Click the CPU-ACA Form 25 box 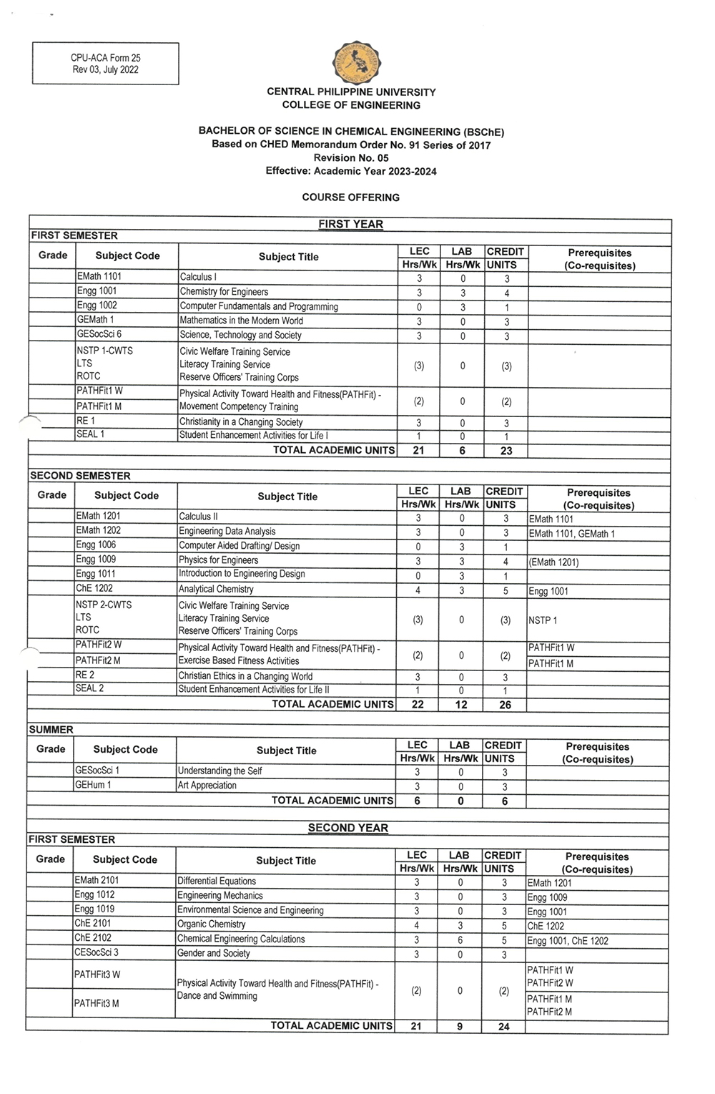click(x=105, y=64)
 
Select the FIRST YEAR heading click(x=350, y=224)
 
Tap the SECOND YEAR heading click(x=347, y=828)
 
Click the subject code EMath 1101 click(x=99, y=276)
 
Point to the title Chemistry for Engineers click(x=224, y=292)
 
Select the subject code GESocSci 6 click(x=99, y=334)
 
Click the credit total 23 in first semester click(x=506, y=451)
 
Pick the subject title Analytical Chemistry click(x=216, y=589)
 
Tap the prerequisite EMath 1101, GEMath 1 click(x=571, y=534)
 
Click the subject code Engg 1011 click(x=96, y=574)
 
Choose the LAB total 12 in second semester click(x=461, y=705)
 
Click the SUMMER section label click(x=51, y=730)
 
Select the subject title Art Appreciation click(x=207, y=785)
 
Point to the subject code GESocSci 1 click(x=97, y=771)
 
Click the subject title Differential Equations click(x=216, y=881)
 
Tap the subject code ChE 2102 click(x=93, y=937)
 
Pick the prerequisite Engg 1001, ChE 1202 click(x=568, y=941)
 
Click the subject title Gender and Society click(x=213, y=953)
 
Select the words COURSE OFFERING click(x=350, y=197)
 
